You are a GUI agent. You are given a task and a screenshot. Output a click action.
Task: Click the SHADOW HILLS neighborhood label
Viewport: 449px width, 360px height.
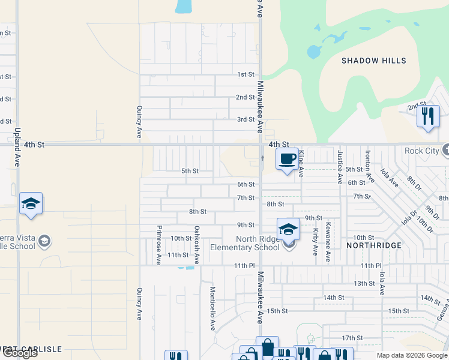373,61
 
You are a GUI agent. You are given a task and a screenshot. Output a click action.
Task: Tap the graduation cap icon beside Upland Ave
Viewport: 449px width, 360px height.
31,203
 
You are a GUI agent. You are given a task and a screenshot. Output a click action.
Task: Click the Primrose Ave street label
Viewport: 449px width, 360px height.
159,245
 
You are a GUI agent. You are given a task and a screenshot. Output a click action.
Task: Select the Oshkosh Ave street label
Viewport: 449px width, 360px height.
196,245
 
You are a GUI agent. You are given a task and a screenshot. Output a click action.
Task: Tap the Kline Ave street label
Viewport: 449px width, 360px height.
301,164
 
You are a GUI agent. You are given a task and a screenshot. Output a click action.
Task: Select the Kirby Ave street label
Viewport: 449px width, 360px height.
315,241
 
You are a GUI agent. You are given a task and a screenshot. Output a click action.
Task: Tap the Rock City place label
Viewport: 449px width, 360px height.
421,151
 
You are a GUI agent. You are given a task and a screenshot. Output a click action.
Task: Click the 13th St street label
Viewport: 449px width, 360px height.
364,283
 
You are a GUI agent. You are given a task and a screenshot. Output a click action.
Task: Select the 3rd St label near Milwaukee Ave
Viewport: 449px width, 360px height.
246,119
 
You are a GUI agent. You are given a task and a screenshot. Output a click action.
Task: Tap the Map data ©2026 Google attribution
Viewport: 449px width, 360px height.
411,355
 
